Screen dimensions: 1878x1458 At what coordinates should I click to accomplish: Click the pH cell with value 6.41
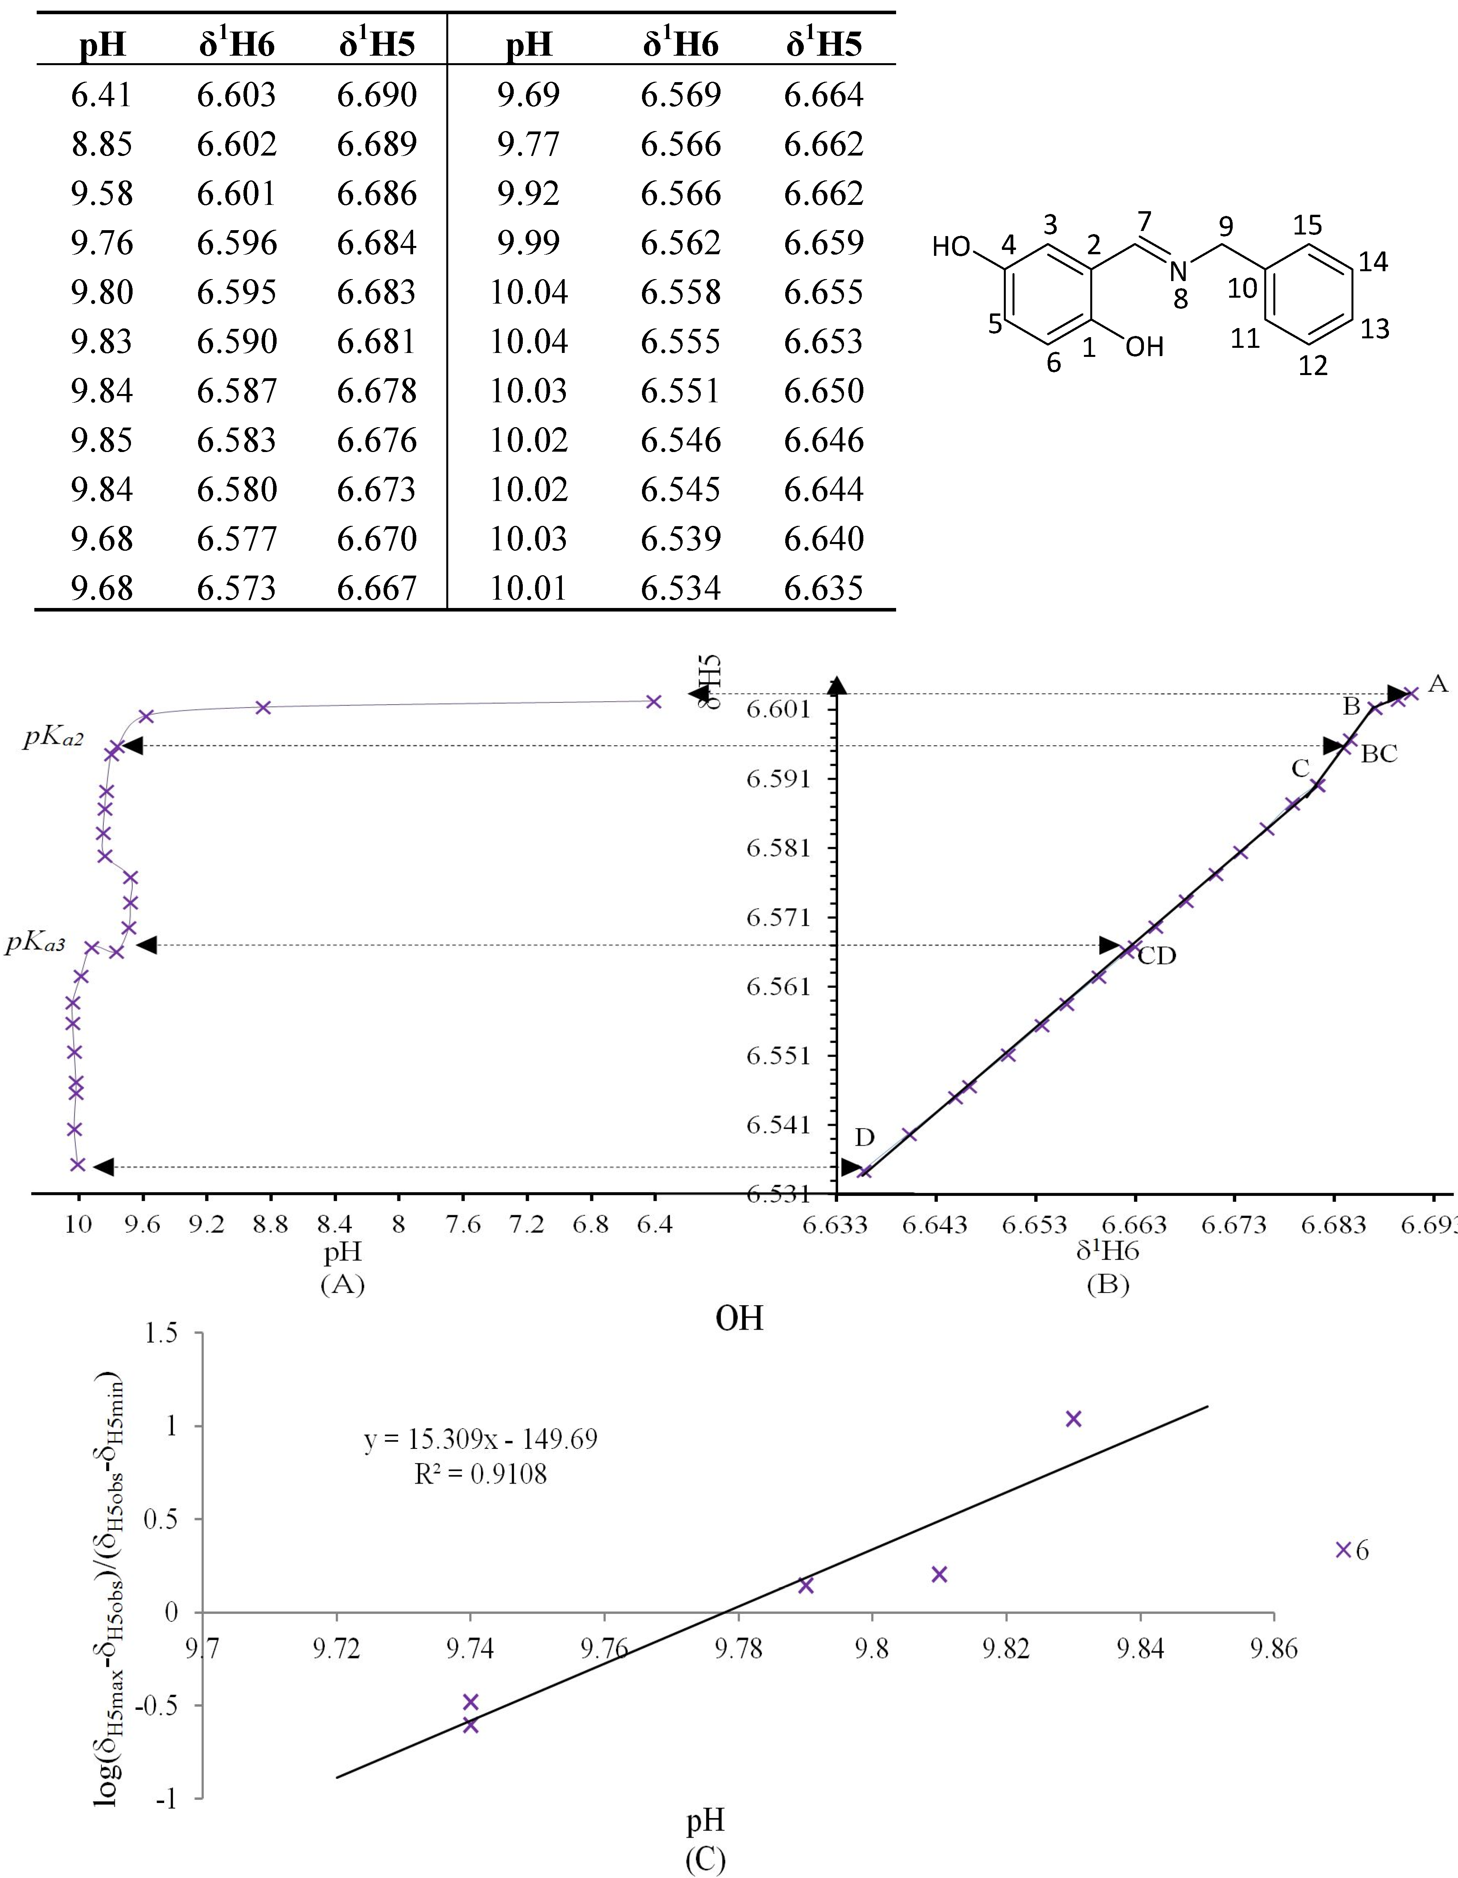click(101, 95)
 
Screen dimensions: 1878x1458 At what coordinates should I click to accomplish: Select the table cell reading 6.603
click(236, 95)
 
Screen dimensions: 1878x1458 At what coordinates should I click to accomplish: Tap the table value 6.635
click(823, 588)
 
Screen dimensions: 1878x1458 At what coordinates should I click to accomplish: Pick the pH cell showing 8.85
click(101, 144)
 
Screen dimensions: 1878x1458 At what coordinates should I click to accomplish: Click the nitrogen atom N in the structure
click(1178, 272)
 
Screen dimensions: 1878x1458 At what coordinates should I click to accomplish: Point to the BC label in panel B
click(1379, 754)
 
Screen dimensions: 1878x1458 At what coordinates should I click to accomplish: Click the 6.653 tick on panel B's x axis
click(1035, 1225)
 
